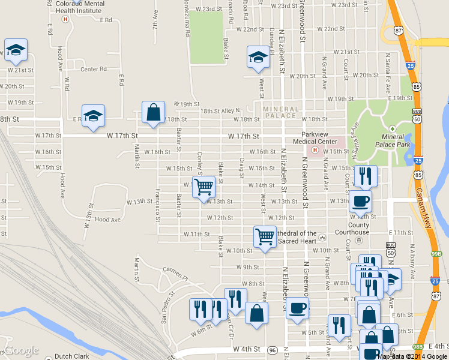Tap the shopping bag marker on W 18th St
(x=153, y=112)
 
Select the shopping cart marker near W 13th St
(x=203, y=187)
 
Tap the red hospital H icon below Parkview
(x=315, y=149)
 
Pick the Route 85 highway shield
(x=417, y=88)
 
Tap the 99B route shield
(x=436, y=254)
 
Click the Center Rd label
(x=93, y=69)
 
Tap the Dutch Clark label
(x=71, y=356)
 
